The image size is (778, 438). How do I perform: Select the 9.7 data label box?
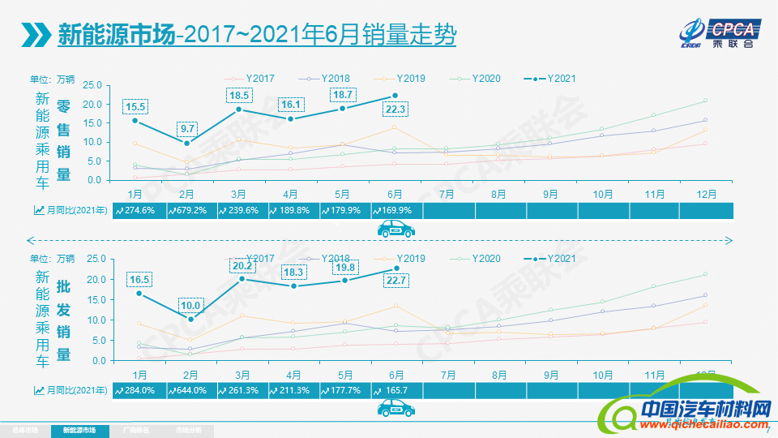click(x=188, y=129)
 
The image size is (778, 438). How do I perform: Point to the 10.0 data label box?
click(x=190, y=305)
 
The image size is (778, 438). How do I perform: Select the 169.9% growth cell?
click(x=395, y=211)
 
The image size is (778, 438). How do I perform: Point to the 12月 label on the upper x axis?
click(x=705, y=195)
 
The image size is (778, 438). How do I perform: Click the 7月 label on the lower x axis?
click(x=447, y=374)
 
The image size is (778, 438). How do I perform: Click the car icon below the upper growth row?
click(x=396, y=230)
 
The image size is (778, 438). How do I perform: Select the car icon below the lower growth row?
click(x=396, y=410)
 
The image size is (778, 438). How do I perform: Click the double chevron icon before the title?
click(x=35, y=36)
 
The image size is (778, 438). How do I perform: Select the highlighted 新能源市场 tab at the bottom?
click(x=79, y=430)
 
